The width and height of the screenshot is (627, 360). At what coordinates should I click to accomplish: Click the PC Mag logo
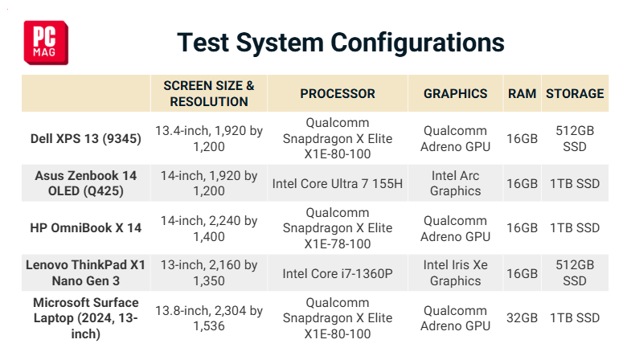[46, 43]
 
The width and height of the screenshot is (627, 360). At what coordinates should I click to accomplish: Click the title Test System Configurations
[341, 43]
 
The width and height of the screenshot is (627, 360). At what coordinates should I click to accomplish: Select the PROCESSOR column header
[338, 93]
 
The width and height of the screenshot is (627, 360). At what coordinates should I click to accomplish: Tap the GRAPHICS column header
[456, 93]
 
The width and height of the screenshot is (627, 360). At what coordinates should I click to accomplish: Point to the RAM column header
[522, 93]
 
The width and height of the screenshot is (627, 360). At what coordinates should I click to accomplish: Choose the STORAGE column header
[575, 93]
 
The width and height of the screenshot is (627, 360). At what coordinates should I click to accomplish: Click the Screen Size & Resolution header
[209, 93]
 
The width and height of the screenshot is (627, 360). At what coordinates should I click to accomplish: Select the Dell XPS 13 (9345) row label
[86, 139]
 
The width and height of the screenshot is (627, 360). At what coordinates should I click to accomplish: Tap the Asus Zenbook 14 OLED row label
[86, 183]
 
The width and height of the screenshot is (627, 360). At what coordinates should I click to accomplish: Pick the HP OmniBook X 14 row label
[86, 227]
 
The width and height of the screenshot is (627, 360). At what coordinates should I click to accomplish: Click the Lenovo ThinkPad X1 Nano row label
[85, 273]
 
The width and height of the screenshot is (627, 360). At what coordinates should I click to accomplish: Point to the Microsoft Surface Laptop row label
[86, 318]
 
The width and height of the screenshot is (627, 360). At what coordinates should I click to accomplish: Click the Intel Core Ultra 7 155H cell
[338, 184]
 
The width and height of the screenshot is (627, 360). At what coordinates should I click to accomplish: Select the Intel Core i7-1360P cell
[338, 274]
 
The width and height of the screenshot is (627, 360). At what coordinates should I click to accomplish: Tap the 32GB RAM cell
[522, 318]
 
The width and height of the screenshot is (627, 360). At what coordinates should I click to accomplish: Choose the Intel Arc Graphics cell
[456, 183]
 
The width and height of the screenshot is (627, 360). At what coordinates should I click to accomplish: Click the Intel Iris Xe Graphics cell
[456, 273]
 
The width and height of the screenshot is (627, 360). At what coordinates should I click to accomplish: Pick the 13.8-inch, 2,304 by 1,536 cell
[209, 318]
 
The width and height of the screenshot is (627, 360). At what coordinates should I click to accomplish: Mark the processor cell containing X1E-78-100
[338, 228]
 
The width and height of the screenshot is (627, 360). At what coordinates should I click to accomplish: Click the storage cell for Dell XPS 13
[575, 139]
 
